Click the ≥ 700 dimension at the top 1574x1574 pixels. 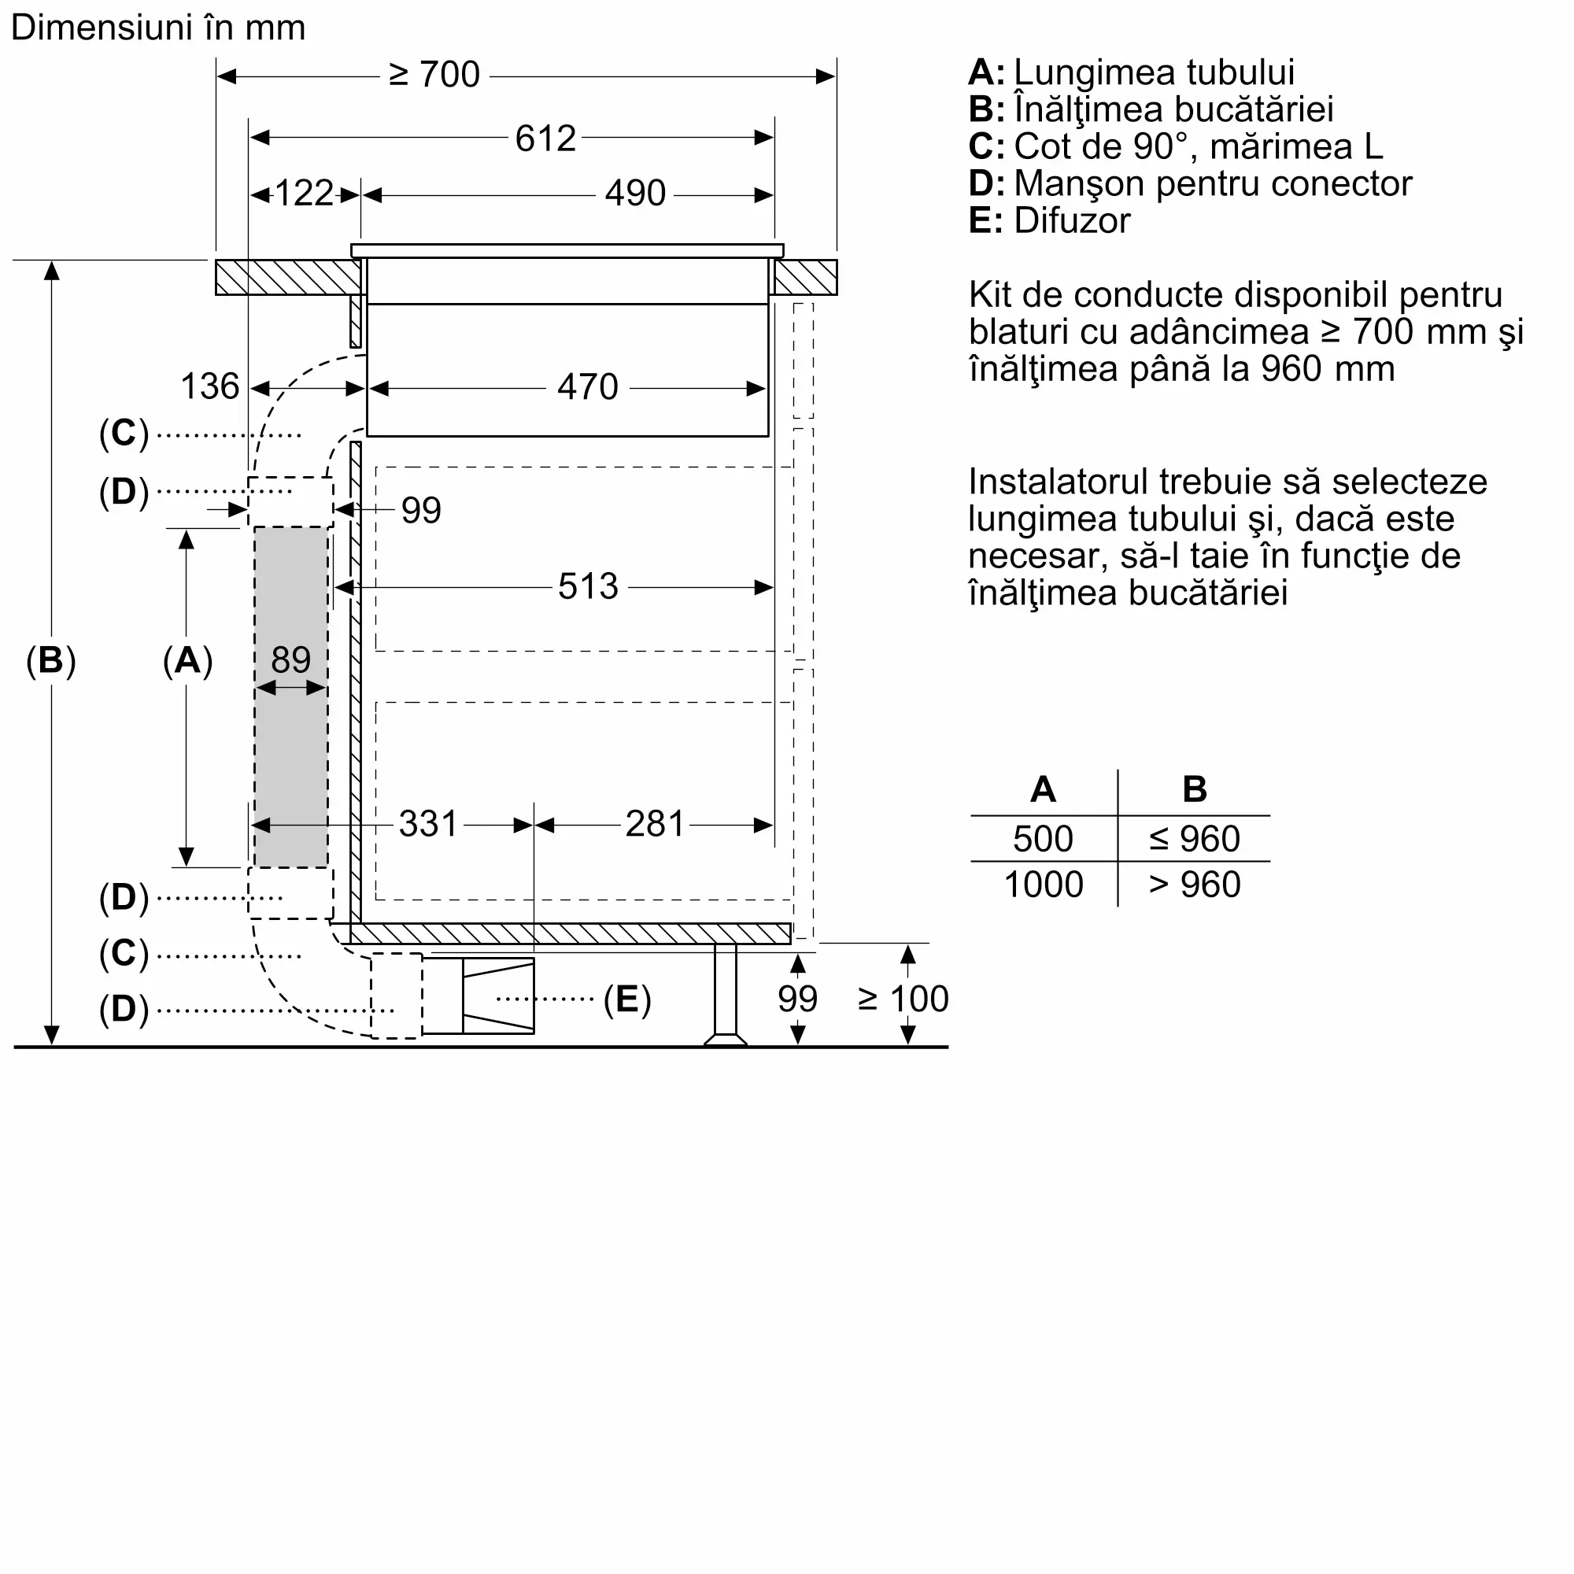point(434,75)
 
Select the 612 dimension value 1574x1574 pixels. point(545,139)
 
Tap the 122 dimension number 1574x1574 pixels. point(304,194)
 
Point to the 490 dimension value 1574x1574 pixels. point(634,194)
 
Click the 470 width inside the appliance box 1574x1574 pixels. point(587,387)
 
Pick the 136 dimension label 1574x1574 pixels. point(209,387)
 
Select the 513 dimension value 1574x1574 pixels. point(587,586)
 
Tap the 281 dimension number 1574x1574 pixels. point(654,825)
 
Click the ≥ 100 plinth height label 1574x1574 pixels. point(903,999)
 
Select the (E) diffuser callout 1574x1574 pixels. point(626,999)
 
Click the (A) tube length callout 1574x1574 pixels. point(187,661)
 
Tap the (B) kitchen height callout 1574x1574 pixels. point(50,661)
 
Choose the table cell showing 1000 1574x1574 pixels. point(1044,885)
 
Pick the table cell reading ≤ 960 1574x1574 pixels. point(1195,839)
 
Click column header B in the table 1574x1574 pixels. point(1195,789)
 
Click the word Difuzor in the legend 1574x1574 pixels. point(1072,222)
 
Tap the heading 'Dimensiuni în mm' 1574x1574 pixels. point(158,28)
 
